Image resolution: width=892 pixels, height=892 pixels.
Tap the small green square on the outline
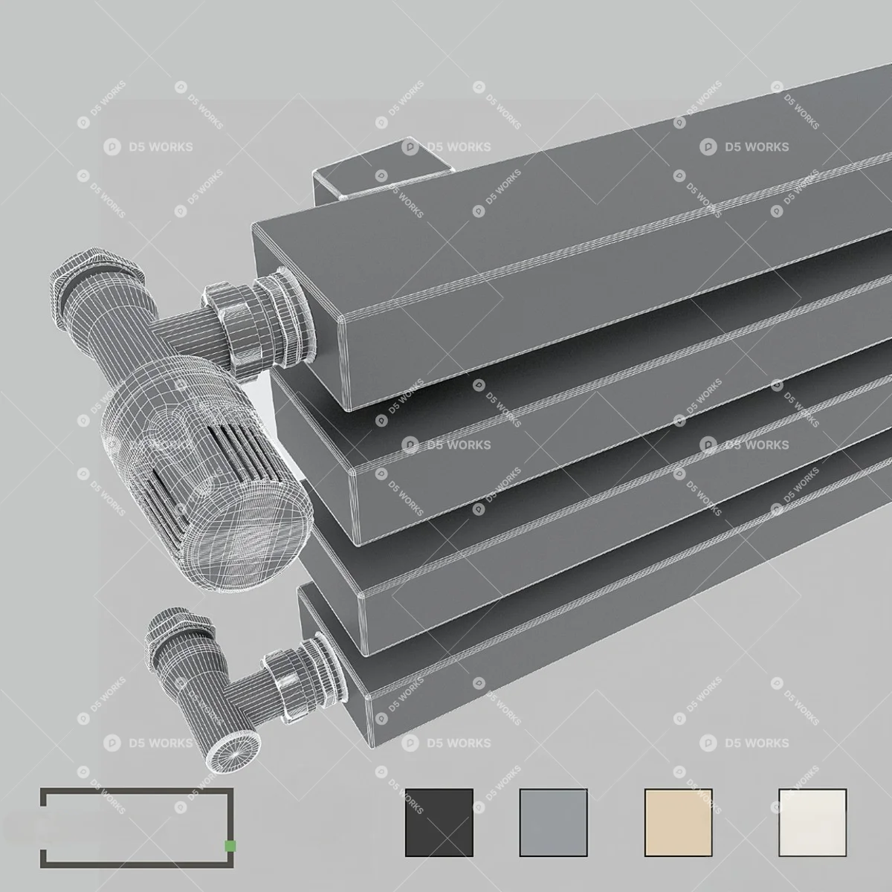(230, 846)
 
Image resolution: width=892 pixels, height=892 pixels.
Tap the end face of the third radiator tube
(331, 572)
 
